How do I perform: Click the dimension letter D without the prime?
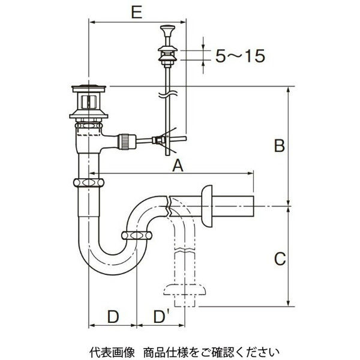tap(113, 316)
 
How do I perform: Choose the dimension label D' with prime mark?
tap(160, 316)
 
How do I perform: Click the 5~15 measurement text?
tap(239, 56)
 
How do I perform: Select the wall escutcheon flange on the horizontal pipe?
tap(206, 206)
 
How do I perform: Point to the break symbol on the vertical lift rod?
tap(166, 94)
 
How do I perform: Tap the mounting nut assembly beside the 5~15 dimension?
tap(166, 55)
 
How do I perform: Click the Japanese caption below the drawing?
tap(180, 350)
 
